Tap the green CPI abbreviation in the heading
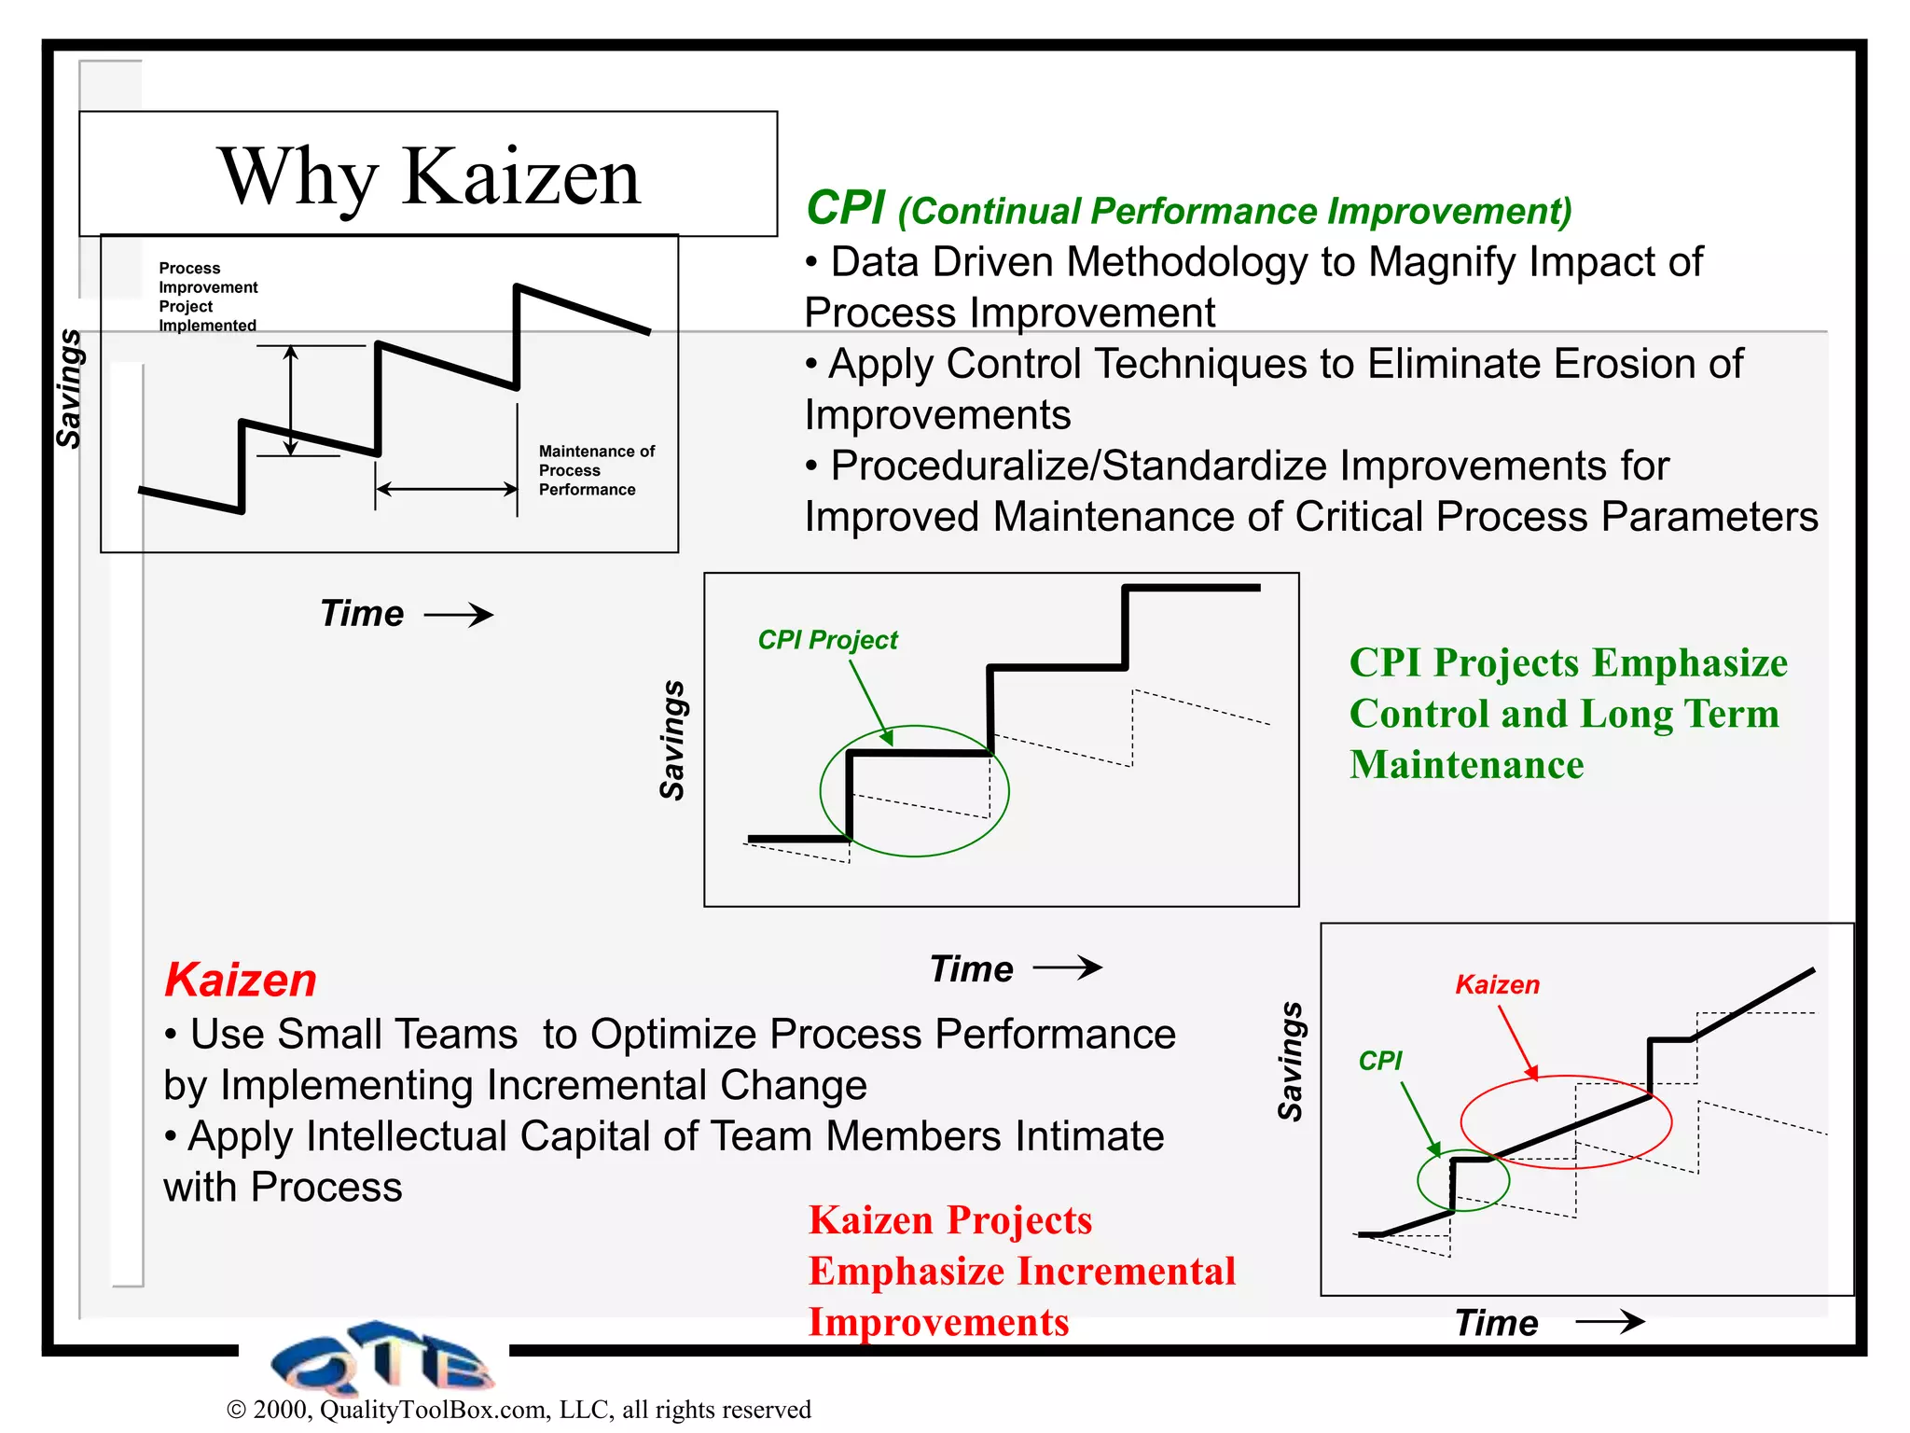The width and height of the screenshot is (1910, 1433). coord(845,207)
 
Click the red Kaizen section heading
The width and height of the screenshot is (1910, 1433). coord(241,981)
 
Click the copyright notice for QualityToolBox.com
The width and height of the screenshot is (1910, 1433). coord(519,1409)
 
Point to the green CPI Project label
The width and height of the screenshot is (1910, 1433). coord(827,640)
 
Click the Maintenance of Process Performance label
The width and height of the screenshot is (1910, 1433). coord(596,470)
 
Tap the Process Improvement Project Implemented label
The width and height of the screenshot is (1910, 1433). coord(207,297)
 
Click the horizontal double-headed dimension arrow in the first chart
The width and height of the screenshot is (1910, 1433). coord(446,489)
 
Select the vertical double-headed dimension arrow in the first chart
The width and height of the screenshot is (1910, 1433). coord(291,400)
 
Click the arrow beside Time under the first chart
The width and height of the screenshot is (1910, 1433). coord(458,615)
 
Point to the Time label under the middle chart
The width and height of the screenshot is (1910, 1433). coord(971,969)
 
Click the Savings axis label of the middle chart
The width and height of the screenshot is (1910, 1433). coord(672,740)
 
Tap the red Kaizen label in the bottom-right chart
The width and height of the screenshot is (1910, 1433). coord(1497,985)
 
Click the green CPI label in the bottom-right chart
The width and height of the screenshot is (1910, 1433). coord(1379,1061)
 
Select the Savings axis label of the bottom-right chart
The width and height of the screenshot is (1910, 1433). coord(1290,1061)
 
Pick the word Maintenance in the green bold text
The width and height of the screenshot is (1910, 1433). coord(1466,765)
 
